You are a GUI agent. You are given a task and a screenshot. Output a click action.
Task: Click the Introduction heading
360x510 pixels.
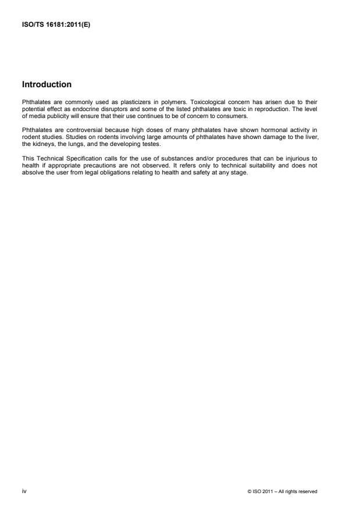click(x=47, y=84)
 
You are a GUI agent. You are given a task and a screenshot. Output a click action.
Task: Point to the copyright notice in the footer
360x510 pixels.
click(x=282, y=492)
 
